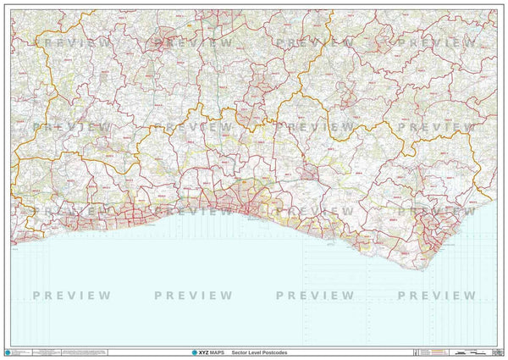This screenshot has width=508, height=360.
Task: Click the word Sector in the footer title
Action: pos(241,351)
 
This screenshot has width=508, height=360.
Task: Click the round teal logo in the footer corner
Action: pos(8,352)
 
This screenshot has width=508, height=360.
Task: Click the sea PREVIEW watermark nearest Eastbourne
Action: pos(437,296)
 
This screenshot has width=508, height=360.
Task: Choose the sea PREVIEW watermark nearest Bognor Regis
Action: pos(72,296)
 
